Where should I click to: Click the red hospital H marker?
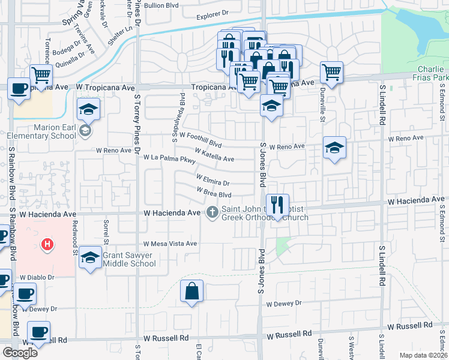tap(46, 244)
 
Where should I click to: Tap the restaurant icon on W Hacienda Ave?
tap(277, 205)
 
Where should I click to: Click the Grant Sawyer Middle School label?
tap(129, 259)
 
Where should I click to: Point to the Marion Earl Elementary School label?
tap(45, 131)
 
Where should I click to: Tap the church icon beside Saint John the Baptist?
tap(212, 212)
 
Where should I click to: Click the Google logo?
tap(20, 352)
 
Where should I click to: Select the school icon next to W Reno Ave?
tap(334, 148)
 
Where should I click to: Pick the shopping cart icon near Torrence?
tap(41, 75)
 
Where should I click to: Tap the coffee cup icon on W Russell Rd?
tap(39, 332)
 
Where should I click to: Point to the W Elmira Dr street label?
tap(213, 179)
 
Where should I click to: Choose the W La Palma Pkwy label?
tap(170, 159)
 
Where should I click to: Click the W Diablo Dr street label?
tap(37, 278)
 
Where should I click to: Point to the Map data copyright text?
tap(422, 355)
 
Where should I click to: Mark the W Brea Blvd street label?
tap(214, 193)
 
